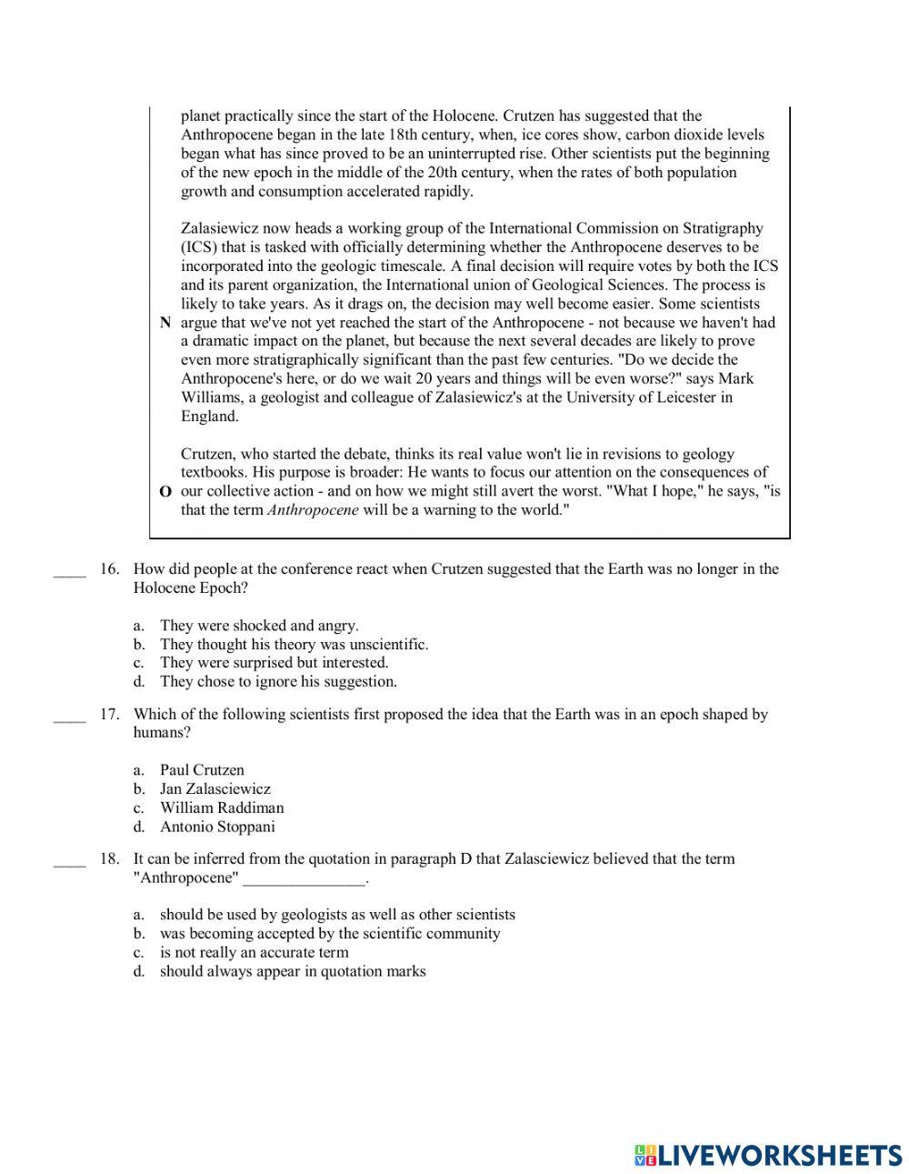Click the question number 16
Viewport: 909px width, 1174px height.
click(109, 569)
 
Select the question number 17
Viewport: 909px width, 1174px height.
click(109, 715)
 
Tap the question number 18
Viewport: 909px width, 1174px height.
click(109, 859)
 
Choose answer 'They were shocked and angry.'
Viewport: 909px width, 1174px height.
click(259, 626)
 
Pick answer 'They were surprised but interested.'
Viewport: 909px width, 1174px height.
click(274, 663)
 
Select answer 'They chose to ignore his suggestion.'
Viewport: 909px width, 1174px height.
click(278, 682)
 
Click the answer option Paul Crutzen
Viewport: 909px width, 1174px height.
click(202, 770)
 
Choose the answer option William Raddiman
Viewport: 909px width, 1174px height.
click(222, 808)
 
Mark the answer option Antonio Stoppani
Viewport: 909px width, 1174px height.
click(217, 827)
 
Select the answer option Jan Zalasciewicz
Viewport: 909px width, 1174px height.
click(215, 789)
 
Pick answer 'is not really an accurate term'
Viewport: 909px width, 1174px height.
click(254, 953)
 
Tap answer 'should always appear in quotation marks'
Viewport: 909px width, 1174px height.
click(293, 972)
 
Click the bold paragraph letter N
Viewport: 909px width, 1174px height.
click(165, 323)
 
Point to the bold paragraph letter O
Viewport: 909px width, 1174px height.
click(165, 492)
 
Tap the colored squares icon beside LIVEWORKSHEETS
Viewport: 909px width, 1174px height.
click(645, 1155)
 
